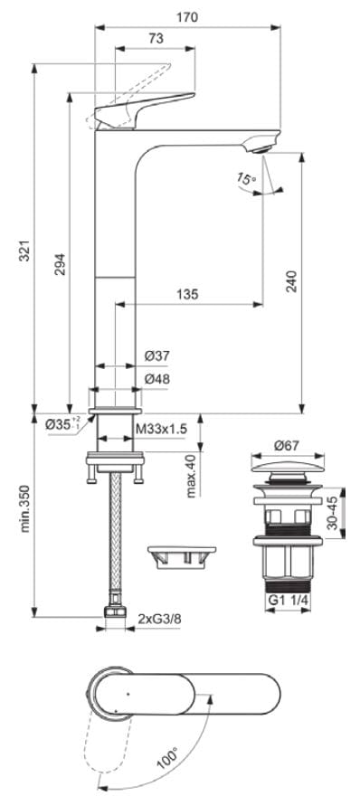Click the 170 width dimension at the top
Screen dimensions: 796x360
pos(188,17)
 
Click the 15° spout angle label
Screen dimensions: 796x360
pos(246,180)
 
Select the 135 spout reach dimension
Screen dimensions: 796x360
pos(187,294)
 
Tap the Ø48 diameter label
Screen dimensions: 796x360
pos(157,380)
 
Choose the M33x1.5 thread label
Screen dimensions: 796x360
pos(160,427)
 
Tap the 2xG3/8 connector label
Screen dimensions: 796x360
pos(159,619)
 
